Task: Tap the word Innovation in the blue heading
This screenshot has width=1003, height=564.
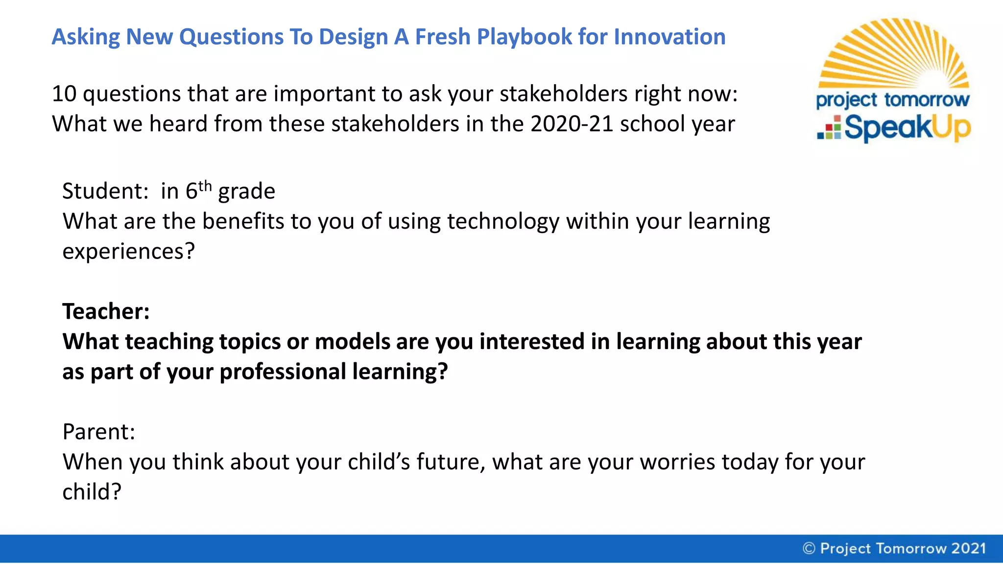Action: click(x=669, y=37)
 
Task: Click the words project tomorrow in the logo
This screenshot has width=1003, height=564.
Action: click(x=892, y=100)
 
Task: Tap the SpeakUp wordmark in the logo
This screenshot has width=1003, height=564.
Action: click(x=907, y=128)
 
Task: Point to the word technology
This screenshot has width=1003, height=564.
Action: click(x=503, y=222)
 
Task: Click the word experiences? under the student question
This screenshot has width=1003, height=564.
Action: click(x=128, y=252)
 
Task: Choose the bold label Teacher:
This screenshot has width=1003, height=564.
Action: click(x=106, y=312)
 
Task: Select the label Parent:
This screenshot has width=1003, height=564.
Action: click(x=98, y=432)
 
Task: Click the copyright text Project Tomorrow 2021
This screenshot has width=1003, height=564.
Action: click(x=903, y=548)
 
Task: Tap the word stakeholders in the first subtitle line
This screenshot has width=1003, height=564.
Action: click(x=563, y=94)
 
